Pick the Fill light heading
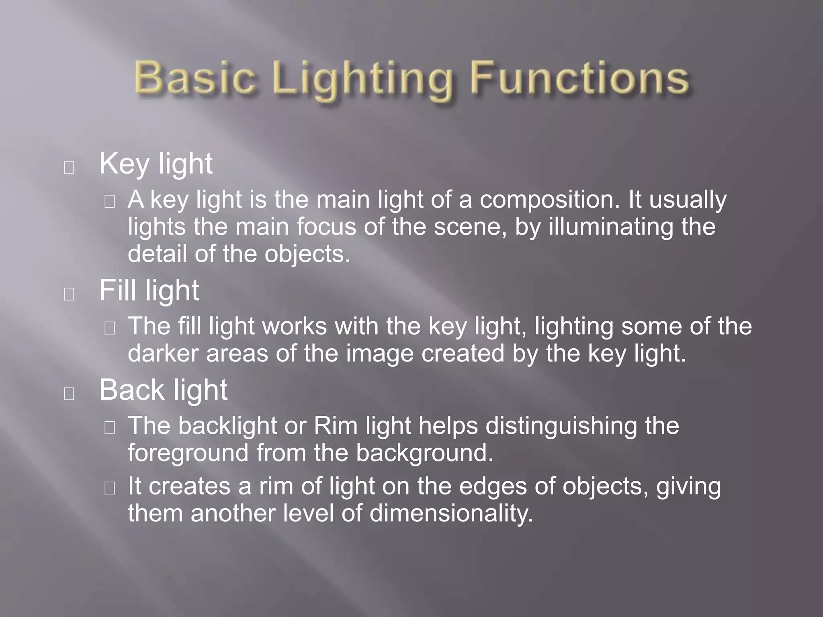149,290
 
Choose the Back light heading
163,390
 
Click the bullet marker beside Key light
69,168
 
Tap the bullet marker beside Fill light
69,294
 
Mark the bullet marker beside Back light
69,394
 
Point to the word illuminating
611,227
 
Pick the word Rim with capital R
336,426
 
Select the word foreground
188,454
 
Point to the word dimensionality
451,513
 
